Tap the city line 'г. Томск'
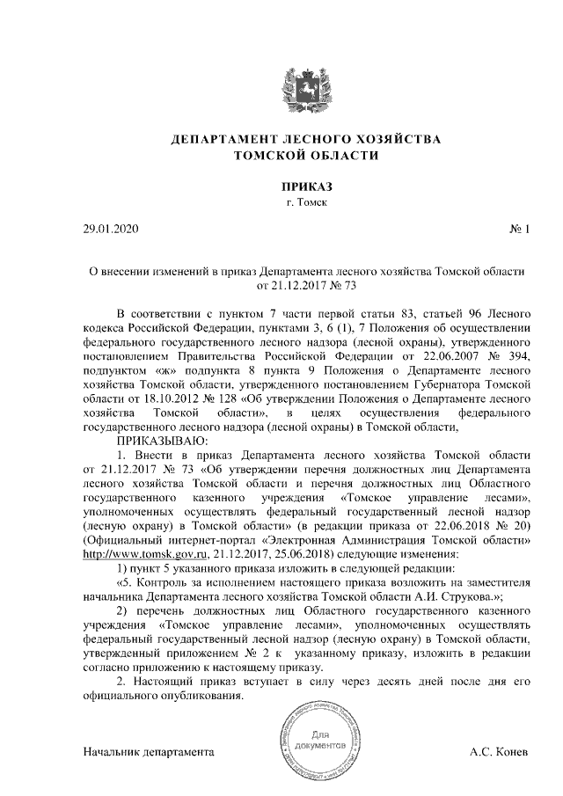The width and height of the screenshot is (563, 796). [306, 203]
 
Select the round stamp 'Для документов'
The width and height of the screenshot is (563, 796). [319, 739]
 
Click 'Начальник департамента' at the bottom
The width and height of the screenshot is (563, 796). [149, 754]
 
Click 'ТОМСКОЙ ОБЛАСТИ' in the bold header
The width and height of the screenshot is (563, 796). [306, 157]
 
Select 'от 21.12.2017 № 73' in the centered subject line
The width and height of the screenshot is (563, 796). [306, 286]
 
